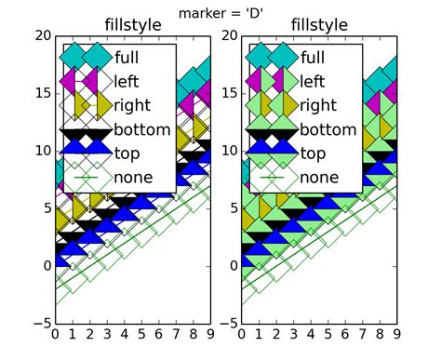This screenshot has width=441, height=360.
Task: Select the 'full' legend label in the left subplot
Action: [132, 57]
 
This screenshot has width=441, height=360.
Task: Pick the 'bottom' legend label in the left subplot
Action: [144, 129]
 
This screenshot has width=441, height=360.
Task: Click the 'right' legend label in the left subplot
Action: [138, 105]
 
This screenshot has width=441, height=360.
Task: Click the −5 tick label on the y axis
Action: [40, 323]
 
